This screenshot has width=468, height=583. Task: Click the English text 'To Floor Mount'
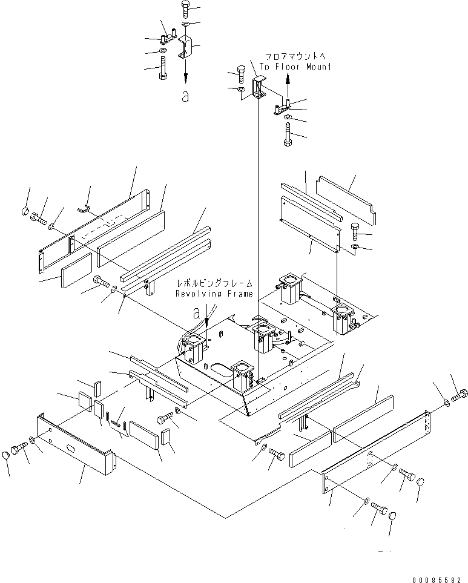point(295,67)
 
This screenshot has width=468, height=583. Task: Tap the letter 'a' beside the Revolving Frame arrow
point(196,313)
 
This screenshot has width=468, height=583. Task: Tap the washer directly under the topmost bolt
point(185,24)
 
